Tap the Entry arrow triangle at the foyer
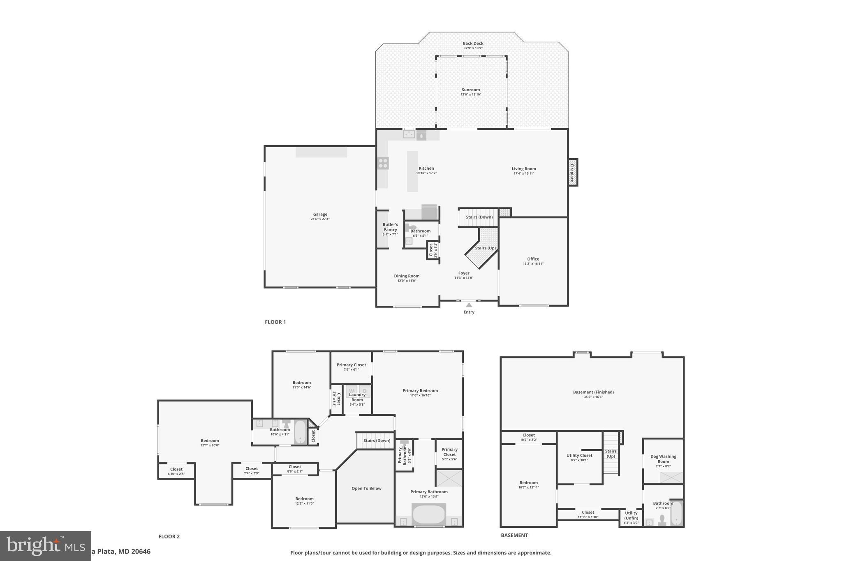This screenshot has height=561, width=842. click(x=469, y=305)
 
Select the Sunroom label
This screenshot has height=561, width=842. click(x=470, y=90)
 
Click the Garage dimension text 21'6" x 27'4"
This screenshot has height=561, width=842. click(x=320, y=219)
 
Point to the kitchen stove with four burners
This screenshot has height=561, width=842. click(x=383, y=163)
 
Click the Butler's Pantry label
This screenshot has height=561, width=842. click(x=390, y=227)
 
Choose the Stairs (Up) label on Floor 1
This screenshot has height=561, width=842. click(x=485, y=248)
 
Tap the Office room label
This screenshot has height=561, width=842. click(x=533, y=259)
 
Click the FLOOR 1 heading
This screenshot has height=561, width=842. click(x=275, y=322)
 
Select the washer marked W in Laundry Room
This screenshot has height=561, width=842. click(x=352, y=391)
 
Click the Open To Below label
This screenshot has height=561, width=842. click(x=366, y=488)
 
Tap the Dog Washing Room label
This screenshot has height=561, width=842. click(x=663, y=459)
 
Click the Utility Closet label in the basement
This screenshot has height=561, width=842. click(x=579, y=455)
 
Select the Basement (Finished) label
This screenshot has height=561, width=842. click(x=593, y=392)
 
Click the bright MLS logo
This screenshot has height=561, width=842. click(x=45, y=546)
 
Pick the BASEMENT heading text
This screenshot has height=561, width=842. click(x=514, y=535)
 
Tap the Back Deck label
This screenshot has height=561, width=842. click(x=473, y=43)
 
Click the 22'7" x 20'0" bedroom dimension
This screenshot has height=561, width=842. click(x=210, y=445)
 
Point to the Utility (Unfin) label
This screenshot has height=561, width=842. click(x=631, y=515)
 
